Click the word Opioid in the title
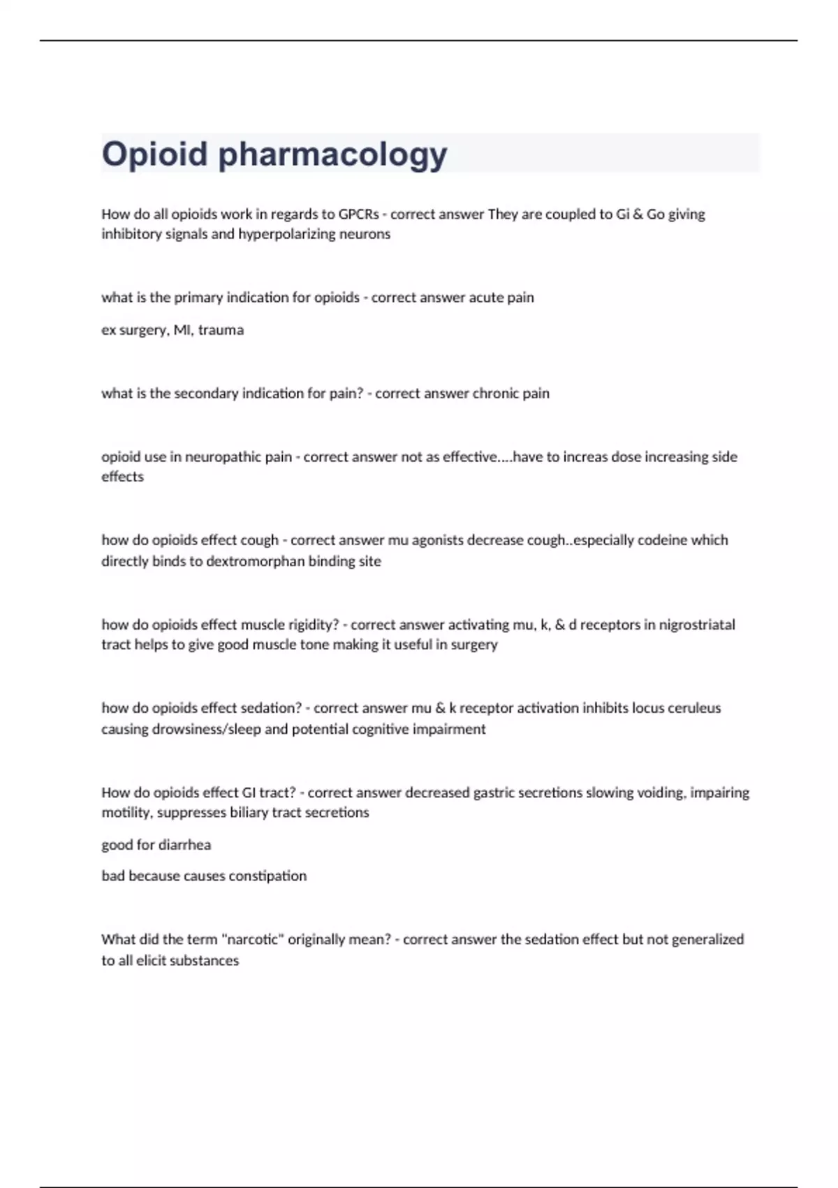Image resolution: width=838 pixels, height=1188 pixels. pos(154,154)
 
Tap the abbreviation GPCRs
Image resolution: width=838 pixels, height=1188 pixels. pos(358,214)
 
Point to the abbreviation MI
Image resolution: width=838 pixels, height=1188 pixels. pos(182,330)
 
